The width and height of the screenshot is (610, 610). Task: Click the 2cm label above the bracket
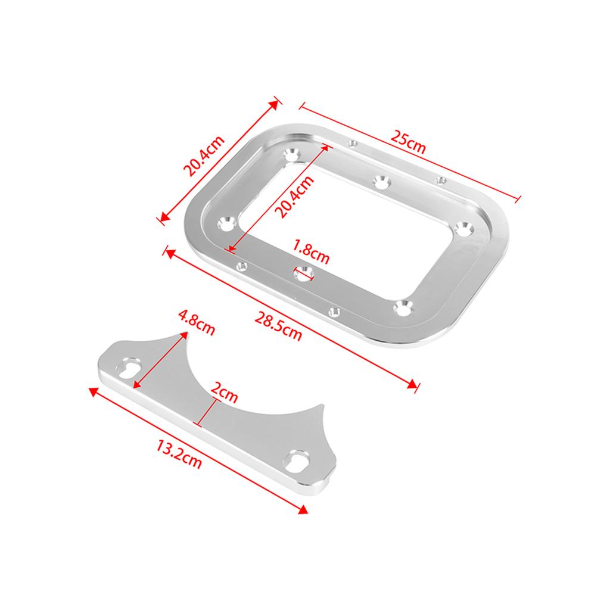coord(225,393)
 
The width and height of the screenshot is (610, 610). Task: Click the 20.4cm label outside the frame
coord(204,157)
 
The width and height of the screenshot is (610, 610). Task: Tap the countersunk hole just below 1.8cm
coord(304,274)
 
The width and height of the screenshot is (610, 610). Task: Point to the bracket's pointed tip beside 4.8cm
coord(182,334)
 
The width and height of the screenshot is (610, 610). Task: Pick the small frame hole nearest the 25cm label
coord(353,143)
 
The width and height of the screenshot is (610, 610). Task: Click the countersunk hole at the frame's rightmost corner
coord(463,228)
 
